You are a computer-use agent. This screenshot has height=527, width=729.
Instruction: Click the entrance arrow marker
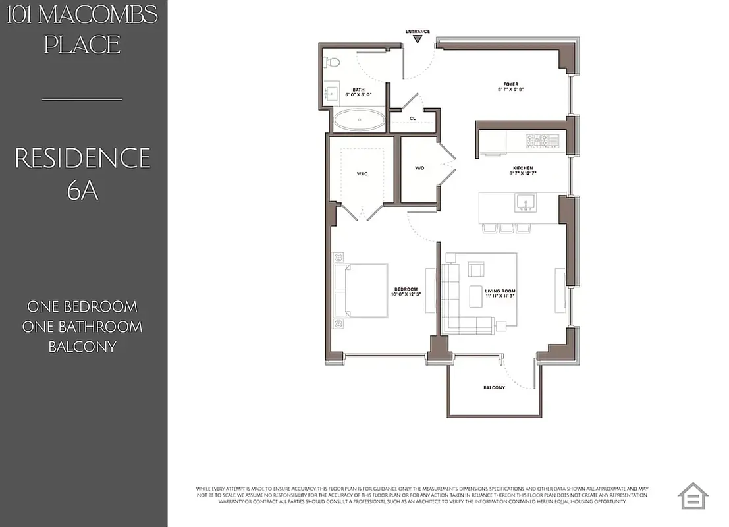418,39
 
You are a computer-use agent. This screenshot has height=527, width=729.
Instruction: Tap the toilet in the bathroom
332,63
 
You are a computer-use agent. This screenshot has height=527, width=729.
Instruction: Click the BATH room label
358,92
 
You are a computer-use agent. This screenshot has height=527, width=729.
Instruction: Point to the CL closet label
412,119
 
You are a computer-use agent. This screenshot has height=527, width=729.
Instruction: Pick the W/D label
419,168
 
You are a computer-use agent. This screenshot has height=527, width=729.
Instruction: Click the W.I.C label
362,174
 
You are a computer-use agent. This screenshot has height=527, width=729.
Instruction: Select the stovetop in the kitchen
542,140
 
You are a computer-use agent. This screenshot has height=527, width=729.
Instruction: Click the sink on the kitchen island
525,201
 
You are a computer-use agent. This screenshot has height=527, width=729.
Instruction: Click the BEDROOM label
406,291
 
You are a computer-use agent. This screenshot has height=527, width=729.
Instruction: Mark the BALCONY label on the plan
494,388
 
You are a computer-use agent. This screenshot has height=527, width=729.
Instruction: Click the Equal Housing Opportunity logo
693,496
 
